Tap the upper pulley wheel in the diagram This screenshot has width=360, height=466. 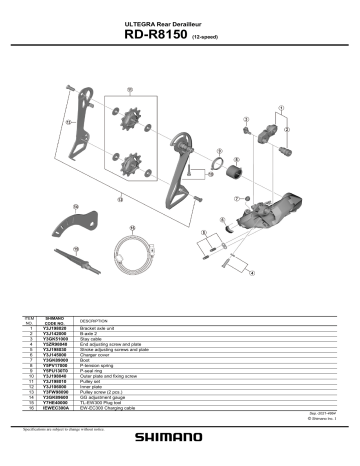131,122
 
